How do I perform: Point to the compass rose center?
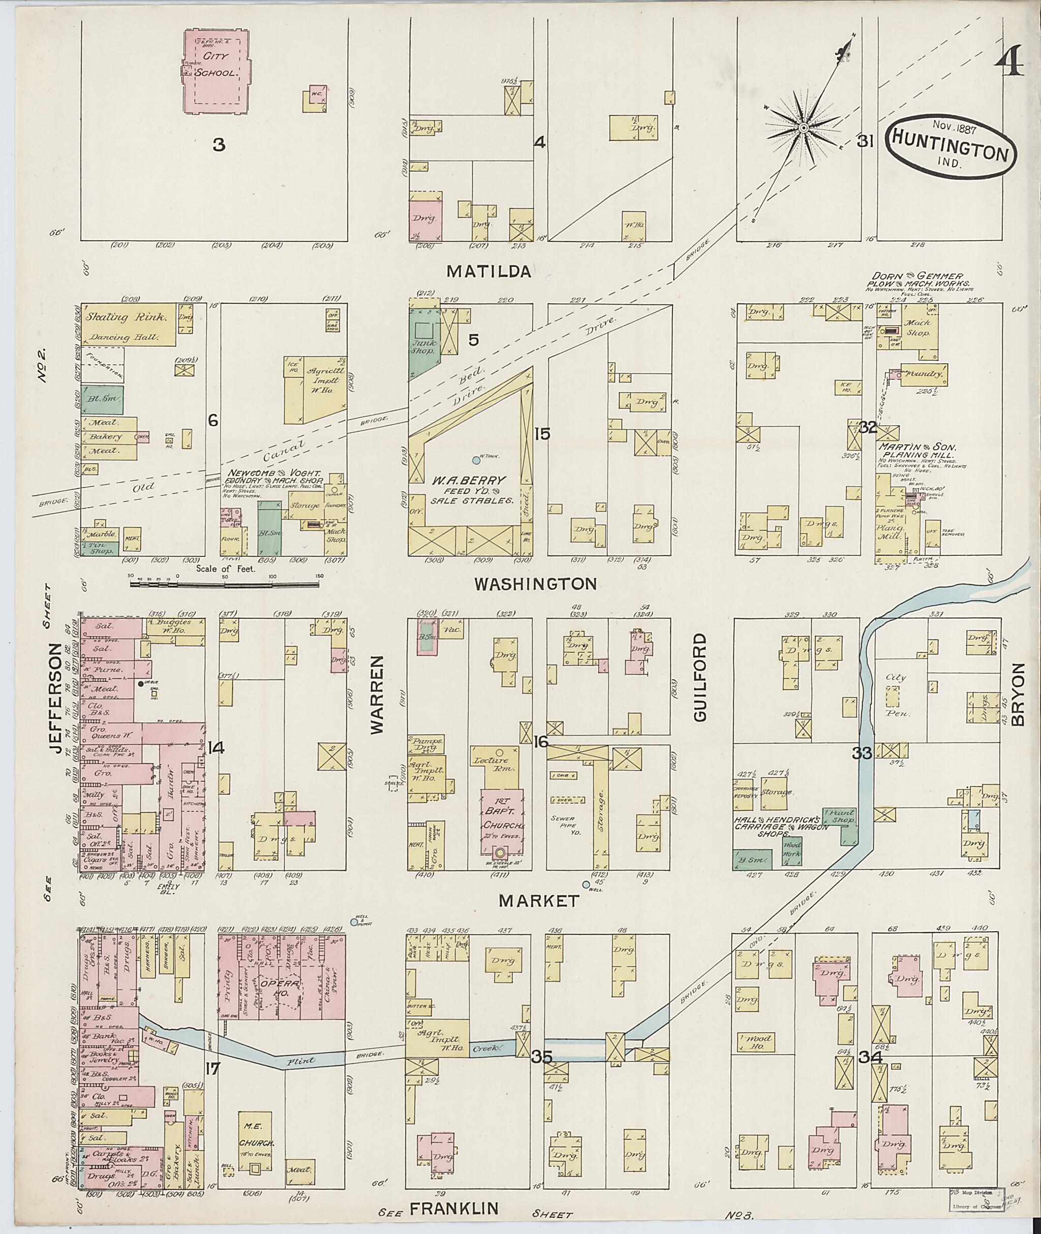803,128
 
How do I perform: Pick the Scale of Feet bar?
224,586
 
